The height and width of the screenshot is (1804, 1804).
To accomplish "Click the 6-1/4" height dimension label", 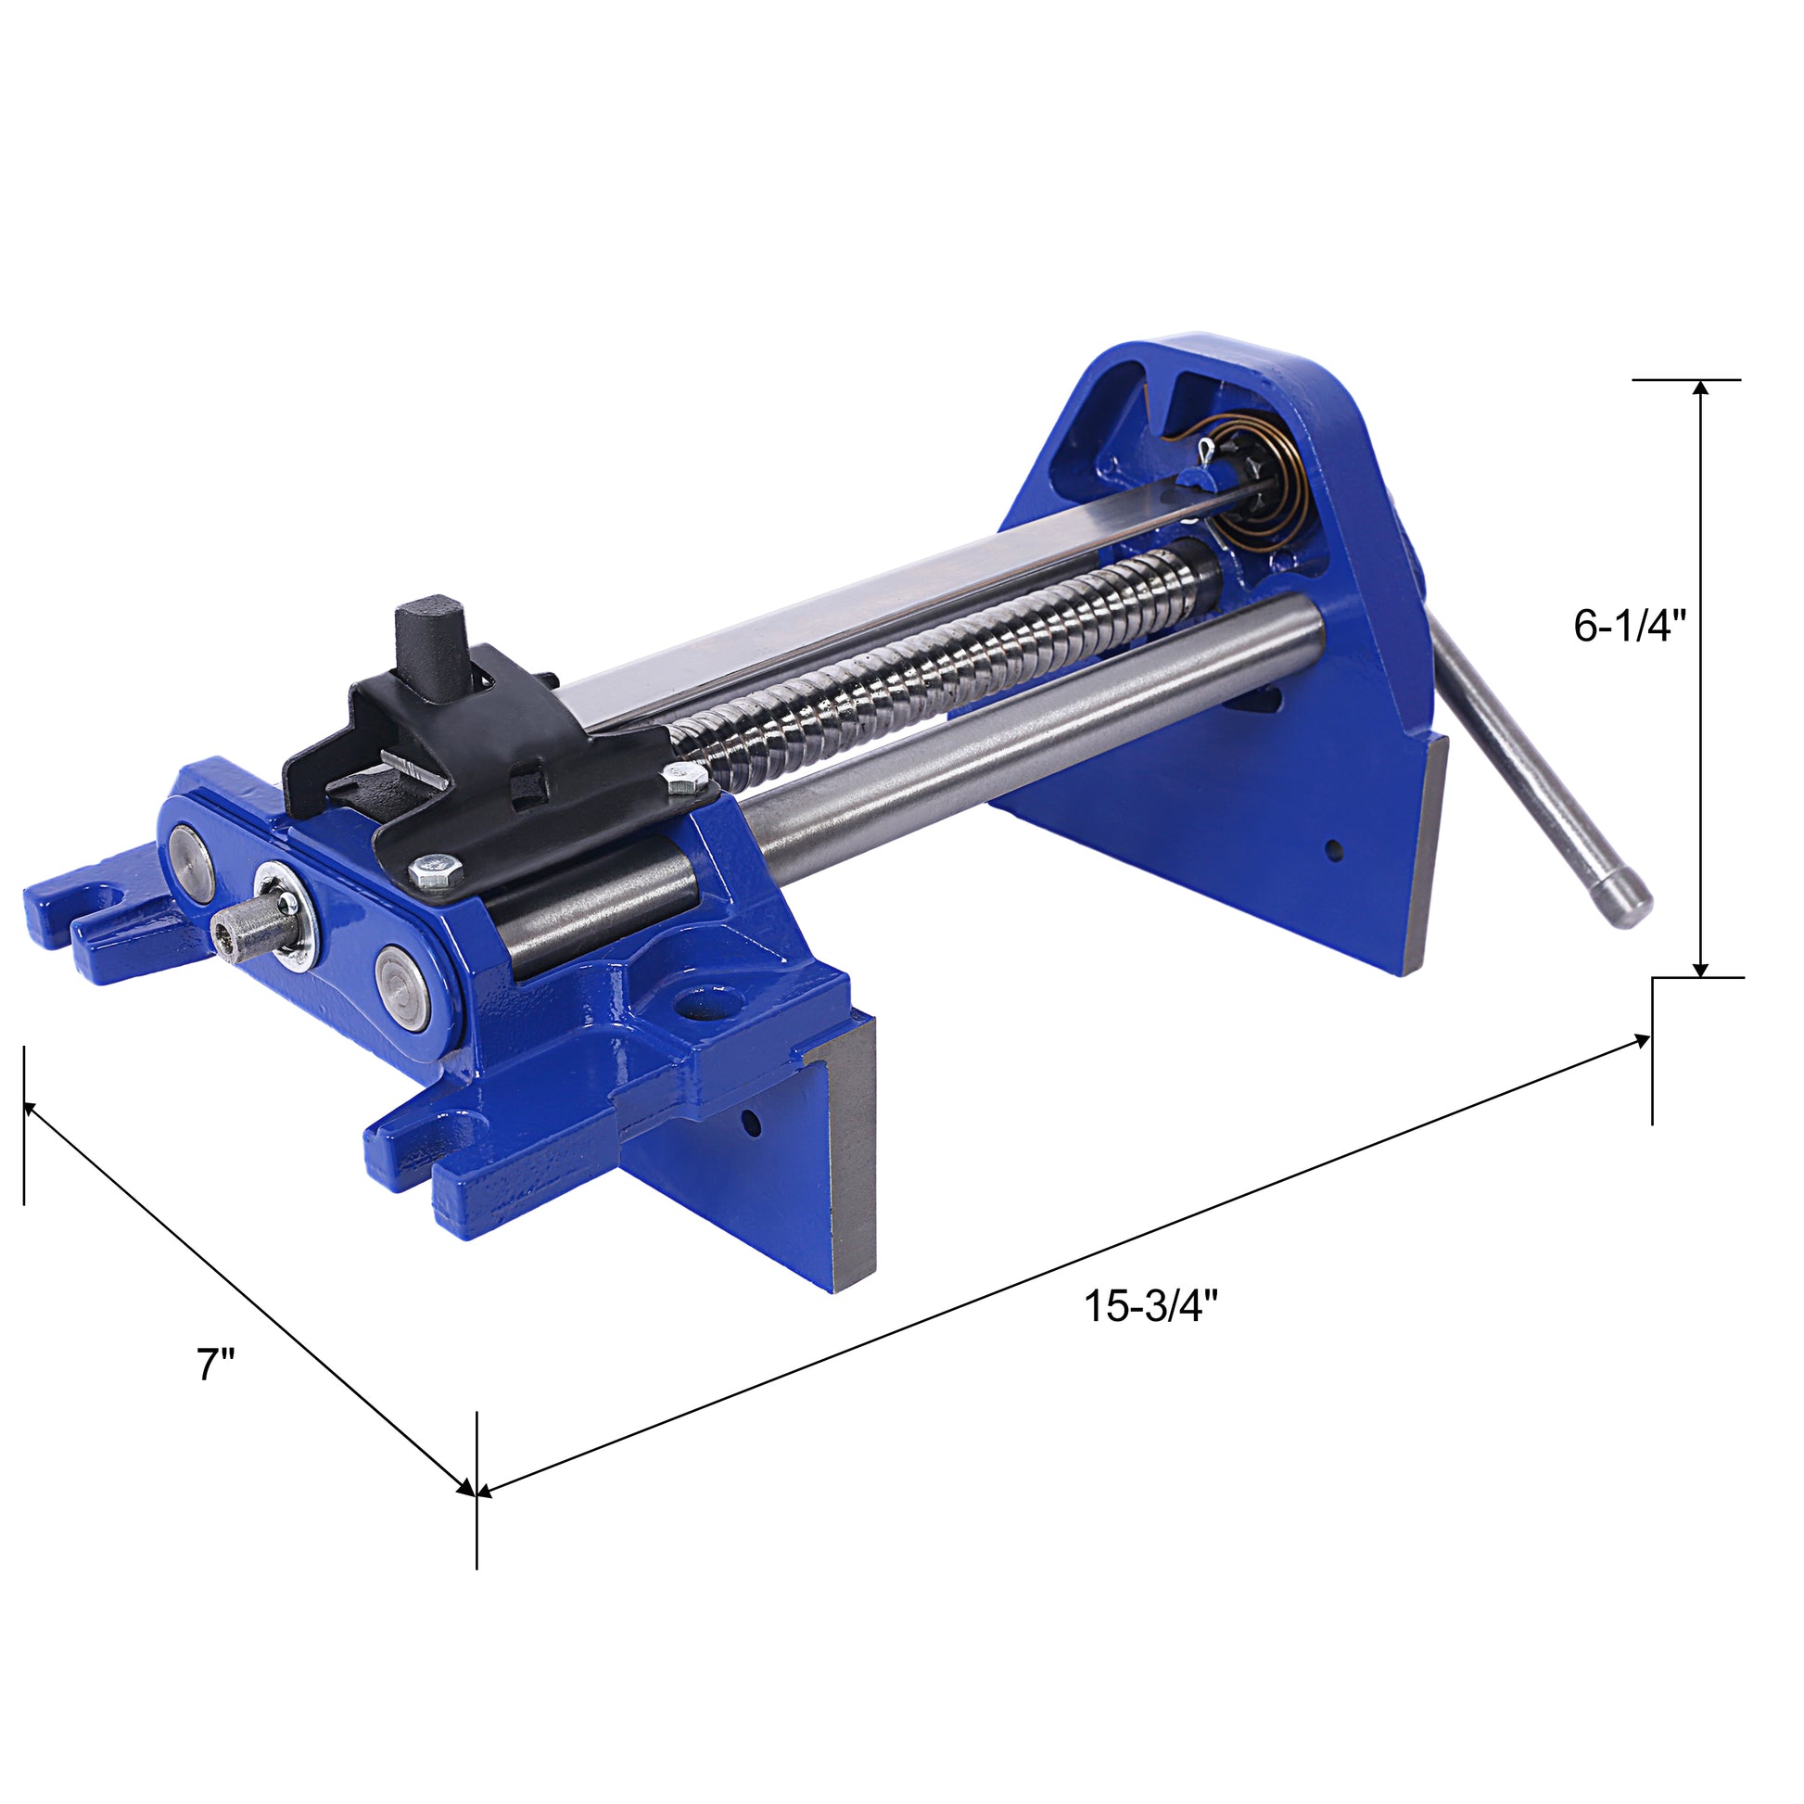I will [x=1629, y=627].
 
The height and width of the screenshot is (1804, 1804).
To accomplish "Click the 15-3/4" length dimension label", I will [x=1150, y=1305].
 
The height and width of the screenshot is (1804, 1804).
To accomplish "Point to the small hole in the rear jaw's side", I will [x=1333, y=850].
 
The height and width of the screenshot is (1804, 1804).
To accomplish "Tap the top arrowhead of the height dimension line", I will [x=1701, y=390].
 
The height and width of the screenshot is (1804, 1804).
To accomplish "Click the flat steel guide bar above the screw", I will [x=887, y=598].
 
